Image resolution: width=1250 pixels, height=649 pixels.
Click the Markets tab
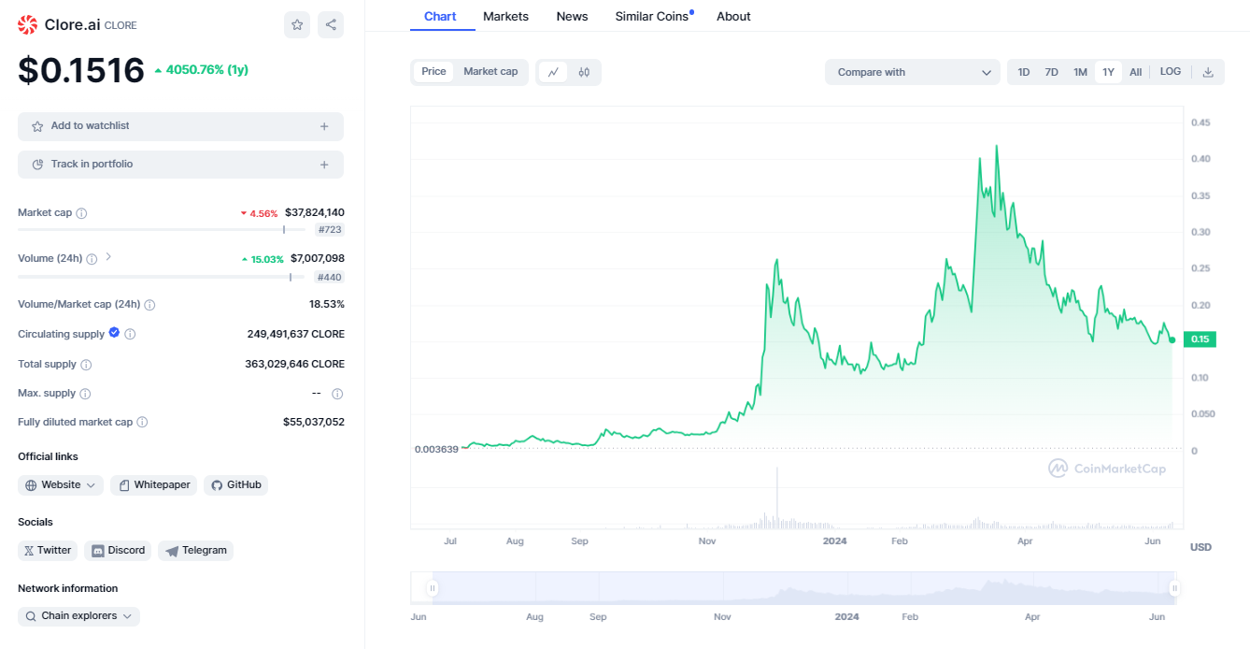[x=505, y=17]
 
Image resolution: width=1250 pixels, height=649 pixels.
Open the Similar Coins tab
[x=652, y=17]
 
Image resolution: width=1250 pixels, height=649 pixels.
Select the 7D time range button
[x=1051, y=72]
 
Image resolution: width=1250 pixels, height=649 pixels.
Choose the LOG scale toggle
[x=1170, y=72]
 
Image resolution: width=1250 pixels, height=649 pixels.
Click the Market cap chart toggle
[x=490, y=72]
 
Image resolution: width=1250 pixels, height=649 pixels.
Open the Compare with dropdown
[x=912, y=72]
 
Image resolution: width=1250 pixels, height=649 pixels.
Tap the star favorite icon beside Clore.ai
[x=297, y=25]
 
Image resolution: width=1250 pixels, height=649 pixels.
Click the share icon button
[x=331, y=25]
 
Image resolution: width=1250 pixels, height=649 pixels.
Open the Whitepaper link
[x=154, y=485]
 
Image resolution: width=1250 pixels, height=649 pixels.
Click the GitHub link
[x=235, y=485]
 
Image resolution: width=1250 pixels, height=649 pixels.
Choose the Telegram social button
[x=196, y=551]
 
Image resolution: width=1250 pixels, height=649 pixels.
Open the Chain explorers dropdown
[x=78, y=616]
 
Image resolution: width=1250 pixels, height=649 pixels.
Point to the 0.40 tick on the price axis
[x=1200, y=159]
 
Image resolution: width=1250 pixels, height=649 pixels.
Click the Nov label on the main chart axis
[x=707, y=541]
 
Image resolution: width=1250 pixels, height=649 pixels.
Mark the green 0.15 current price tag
[x=1200, y=339]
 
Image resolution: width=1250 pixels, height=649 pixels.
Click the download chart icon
[x=1208, y=72]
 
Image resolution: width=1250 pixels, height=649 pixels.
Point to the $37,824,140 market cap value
[x=314, y=213]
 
